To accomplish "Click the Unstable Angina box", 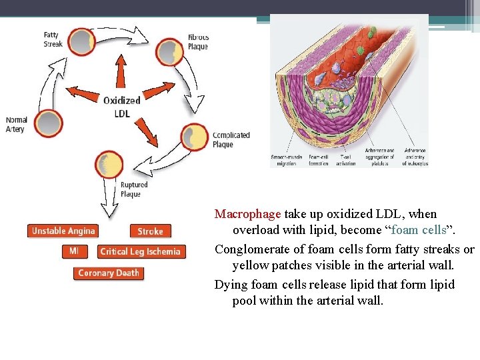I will click(63, 231).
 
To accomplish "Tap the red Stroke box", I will click(150, 231).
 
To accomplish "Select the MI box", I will click(73, 251).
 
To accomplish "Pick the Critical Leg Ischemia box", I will click(140, 251).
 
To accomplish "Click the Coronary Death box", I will click(109, 273).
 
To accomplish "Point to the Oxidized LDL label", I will click(121, 106).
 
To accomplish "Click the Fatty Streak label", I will click(53, 39).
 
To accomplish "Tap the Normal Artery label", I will click(16, 125).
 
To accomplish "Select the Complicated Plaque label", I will click(231, 139).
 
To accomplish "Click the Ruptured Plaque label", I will click(133, 189).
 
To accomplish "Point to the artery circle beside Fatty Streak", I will click(81, 41).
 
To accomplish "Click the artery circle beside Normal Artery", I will click(49, 124).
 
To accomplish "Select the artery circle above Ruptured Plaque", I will click(109, 164).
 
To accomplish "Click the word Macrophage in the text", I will click(248, 214).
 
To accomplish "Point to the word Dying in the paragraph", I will click(231, 285).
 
